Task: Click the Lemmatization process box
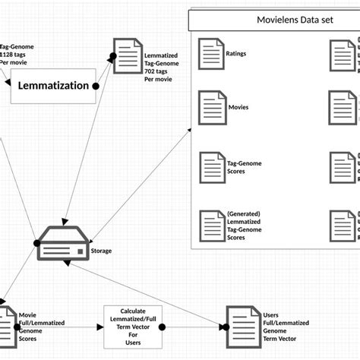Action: pyautogui.click(x=53, y=87)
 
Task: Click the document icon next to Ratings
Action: pyautogui.click(x=210, y=55)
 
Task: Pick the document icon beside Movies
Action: pyautogui.click(x=210, y=107)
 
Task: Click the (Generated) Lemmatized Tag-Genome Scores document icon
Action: pyautogui.click(x=210, y=225)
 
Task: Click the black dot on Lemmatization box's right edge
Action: pyautogui.click(x=96, y=87)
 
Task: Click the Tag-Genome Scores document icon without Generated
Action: pyautogui.click(x=210, y=167)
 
